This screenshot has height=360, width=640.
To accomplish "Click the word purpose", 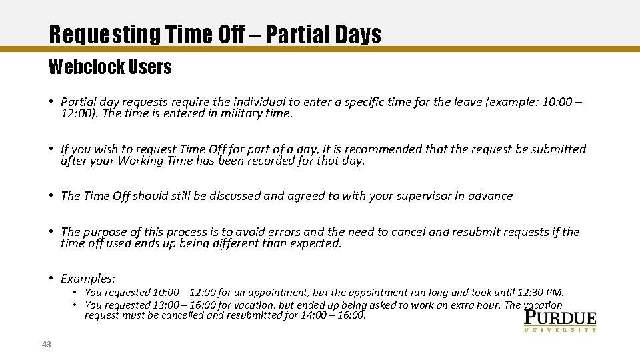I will (103, 232).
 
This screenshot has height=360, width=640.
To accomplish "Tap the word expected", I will (315, 243).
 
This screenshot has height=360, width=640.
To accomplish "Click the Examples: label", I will (88, 279).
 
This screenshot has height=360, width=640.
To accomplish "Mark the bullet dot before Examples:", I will (51, 279).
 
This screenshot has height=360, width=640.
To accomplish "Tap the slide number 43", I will (46, 344).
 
